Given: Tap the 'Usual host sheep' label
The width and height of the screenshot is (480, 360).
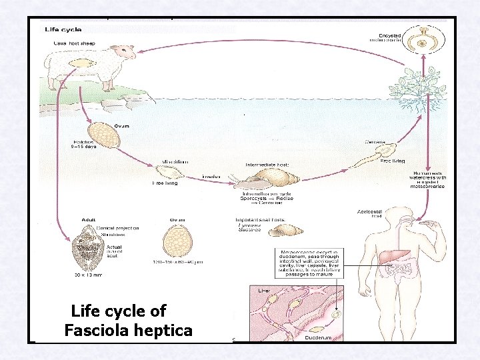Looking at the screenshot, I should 73,43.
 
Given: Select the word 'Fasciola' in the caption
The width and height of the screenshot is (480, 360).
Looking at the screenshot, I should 97,331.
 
